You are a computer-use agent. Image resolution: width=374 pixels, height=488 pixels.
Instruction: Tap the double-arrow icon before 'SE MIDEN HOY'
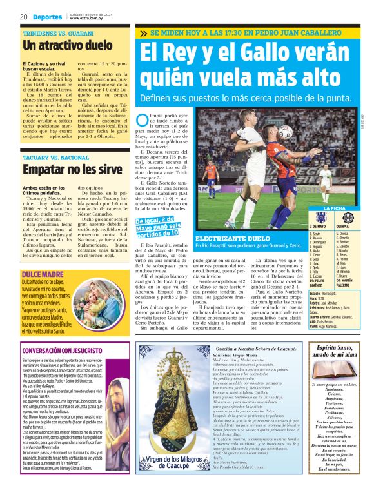click(143, 33)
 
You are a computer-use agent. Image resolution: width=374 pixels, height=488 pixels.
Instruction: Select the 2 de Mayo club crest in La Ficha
click(315, 218)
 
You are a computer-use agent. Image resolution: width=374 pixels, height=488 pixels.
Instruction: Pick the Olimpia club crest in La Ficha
click(348, 218)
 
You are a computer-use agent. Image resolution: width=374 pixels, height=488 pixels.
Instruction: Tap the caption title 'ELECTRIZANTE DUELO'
click(224, 238)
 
